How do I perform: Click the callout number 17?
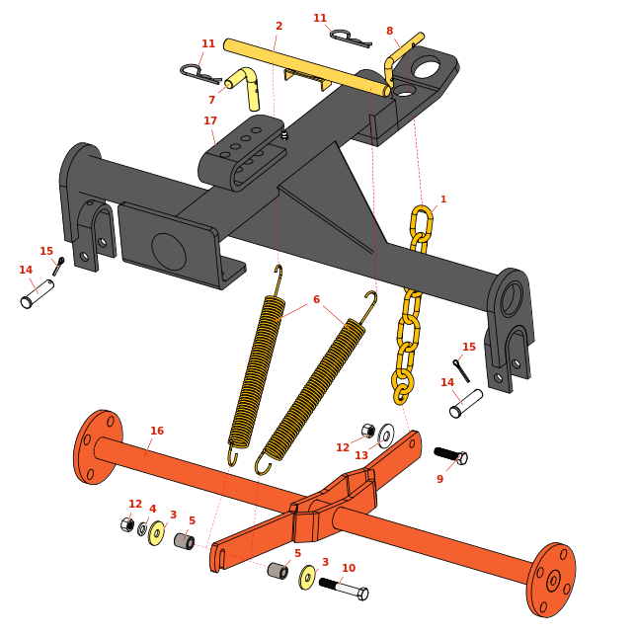(210, 120)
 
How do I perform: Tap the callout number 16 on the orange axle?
(157, 431)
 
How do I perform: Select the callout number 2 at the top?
(278, 26)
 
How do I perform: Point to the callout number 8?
(389, 31)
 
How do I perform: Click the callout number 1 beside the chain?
(443, 199)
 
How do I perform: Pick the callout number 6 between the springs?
(316, 299)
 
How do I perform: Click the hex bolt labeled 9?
(450, 455)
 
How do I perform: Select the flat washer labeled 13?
(386, 436)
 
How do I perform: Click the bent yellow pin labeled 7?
(244, 88)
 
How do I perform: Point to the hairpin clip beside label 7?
(200, 74)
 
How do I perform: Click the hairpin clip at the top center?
(351, 39)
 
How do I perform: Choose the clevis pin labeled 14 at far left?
(38, 294)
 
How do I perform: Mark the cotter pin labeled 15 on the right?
(461, 370)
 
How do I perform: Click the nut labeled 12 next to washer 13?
(368, 431)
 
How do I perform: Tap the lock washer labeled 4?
(142, 528)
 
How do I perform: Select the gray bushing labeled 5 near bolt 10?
(278, 570)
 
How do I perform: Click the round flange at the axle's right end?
(551, 580)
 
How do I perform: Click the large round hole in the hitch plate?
(426, 67)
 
